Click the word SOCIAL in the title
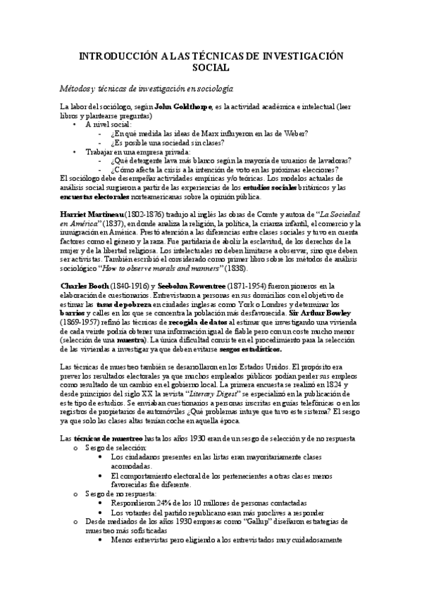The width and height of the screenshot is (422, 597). (211, 68)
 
